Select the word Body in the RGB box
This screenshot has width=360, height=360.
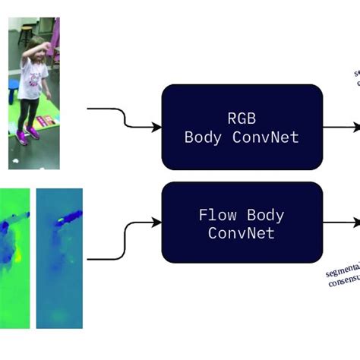pos(205,137)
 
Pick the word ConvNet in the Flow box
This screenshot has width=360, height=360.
pos(242,234)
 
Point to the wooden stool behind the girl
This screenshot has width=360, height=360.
pos(26,31)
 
